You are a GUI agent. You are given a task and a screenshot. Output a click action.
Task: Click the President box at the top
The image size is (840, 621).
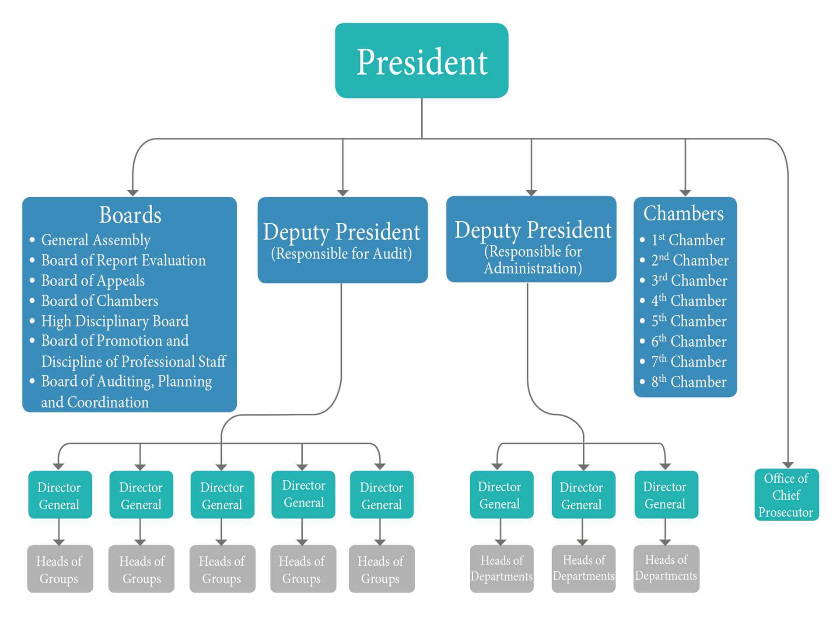421,61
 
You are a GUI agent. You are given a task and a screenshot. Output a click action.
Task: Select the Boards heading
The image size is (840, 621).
130,215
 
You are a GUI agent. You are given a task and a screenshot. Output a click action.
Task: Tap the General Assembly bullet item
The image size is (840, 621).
96,240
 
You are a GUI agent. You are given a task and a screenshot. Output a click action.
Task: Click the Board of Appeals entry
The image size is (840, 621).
93,280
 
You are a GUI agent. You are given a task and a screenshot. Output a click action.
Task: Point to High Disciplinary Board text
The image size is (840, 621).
115,321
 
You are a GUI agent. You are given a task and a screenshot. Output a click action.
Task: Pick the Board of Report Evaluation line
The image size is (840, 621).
123,260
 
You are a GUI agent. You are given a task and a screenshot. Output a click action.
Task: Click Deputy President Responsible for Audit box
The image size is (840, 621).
342,240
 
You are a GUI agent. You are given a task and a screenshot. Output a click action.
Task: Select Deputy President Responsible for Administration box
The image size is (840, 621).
531,239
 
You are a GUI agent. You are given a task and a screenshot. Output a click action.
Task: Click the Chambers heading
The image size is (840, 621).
683,213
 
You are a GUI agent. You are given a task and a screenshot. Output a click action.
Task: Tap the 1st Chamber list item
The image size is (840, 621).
688,240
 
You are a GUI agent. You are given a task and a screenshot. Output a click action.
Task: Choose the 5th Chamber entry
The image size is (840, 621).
689,321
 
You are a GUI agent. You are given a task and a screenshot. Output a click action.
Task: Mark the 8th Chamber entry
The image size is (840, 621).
689,382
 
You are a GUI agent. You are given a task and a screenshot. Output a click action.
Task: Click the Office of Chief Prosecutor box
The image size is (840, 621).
786,495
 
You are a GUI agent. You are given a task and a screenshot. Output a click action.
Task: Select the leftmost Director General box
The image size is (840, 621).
60,495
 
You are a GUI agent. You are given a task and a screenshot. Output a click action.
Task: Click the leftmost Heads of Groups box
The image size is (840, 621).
60,569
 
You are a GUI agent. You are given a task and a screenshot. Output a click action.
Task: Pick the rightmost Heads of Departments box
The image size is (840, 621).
666,568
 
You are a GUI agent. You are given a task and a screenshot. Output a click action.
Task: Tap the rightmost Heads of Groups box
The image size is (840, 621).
381,569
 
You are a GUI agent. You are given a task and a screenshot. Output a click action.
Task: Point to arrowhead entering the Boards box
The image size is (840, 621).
133,193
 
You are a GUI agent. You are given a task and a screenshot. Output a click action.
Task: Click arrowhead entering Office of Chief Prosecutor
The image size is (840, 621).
788,465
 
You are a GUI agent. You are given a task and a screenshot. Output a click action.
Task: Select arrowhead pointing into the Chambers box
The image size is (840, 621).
685,193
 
